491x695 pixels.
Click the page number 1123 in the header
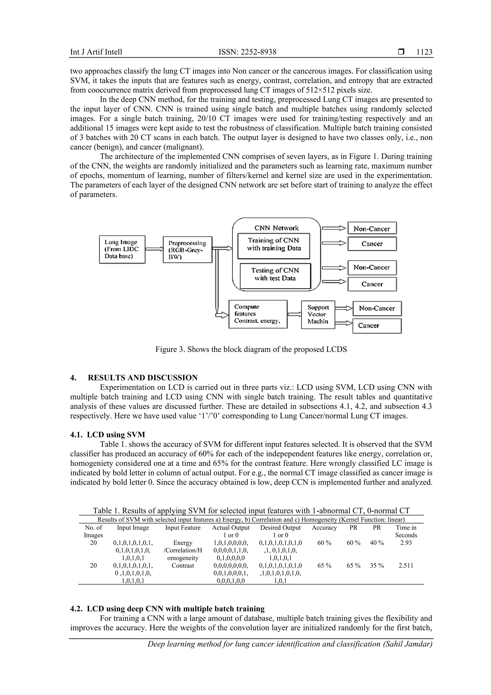tap(424, 52)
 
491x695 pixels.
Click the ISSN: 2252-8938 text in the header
tap(247, 52)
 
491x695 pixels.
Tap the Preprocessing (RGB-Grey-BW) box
tap(187, 250)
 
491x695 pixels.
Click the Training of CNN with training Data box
tap(274, 246)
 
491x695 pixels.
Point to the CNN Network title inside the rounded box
tap(276, 228)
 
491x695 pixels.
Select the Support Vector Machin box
tap(318, 315)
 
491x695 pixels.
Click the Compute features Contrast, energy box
tap(258, 314)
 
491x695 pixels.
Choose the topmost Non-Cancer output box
tap(372, 229)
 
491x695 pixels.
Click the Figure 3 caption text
tap(251, 349)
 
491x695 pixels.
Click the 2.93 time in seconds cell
tap(406, 543)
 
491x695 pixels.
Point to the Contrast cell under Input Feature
tap(182, 565)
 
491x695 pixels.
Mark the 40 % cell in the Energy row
tap(377, 543)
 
